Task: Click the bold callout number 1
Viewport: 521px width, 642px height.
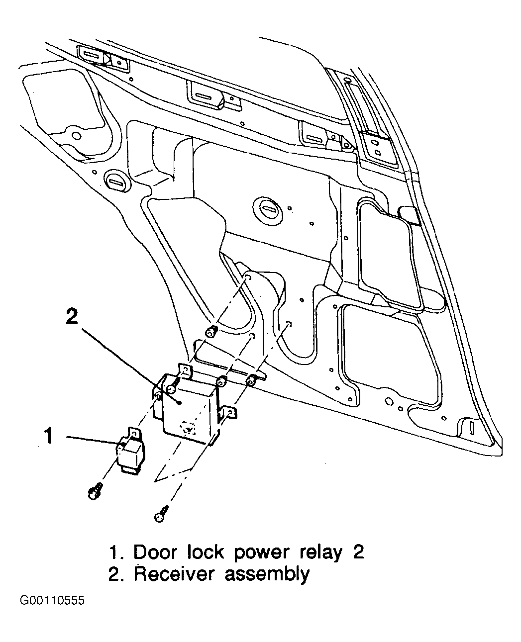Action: pos(49,436)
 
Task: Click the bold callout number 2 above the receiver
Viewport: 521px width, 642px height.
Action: pos(72,316)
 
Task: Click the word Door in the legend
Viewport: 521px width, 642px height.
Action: pos(154,552)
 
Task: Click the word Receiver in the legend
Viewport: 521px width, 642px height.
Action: pos(173,574)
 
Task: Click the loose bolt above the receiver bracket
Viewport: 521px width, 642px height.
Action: pos(212,331)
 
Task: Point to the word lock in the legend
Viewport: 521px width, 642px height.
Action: pos(206,552)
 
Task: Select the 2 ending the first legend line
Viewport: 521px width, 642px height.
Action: pos(358,552)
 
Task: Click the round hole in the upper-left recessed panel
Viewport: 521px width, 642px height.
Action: pos(77,135)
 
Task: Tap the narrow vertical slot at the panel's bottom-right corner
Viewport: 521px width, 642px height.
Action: pos(472,428)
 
